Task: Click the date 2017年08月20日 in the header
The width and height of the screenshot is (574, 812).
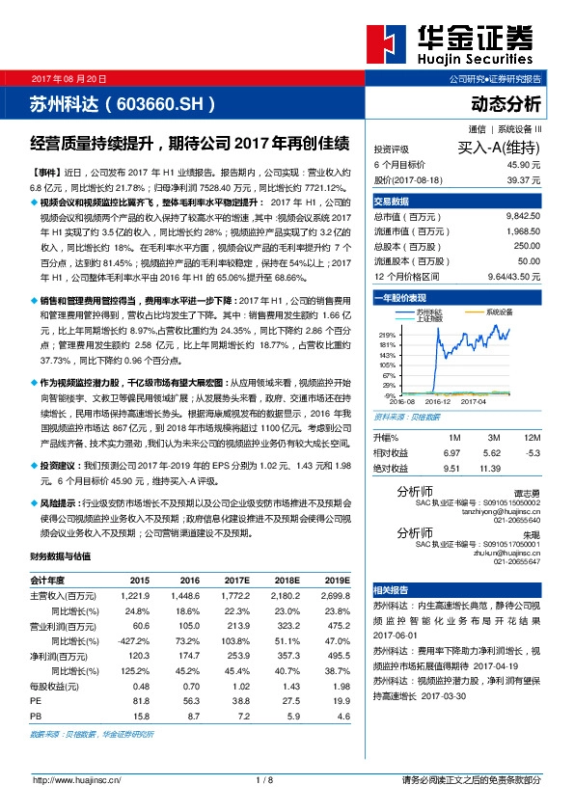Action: pyautogui.click(x=69, y=77)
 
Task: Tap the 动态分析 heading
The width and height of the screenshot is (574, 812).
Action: pyautogui.click(x=506, y=102)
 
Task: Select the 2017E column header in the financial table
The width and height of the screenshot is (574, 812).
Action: pyautogui.click(x=234, y=580)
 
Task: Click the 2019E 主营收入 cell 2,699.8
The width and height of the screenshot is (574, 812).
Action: pyautogui.click(x=336, y=596)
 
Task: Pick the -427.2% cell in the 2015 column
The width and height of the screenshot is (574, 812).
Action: pyautogui.click(x=133, y=639)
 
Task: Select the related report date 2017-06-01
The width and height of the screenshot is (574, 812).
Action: pyautogui.click(x=395, y=636)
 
